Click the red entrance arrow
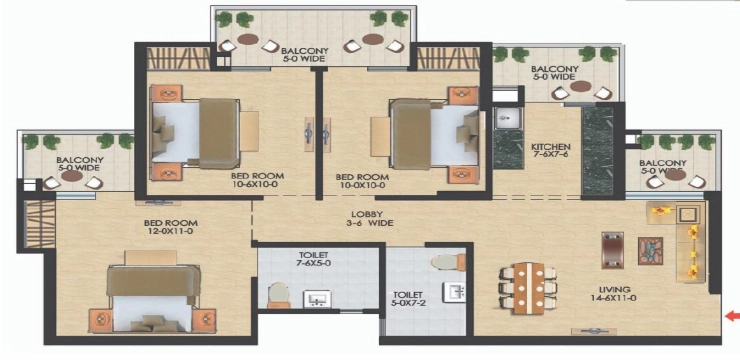coord(732,317)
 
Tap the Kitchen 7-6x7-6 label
coord(551,151)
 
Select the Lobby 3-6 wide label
coord(370,218)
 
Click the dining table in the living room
coord(529,288)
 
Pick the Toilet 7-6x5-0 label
coord(317,260)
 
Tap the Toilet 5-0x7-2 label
coord(409,298)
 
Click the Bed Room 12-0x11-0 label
coord(170,226)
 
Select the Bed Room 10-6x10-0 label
coord(257,181)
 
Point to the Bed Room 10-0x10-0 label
coord(362,181)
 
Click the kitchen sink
coord(508,118)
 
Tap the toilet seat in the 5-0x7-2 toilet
coord(448,262)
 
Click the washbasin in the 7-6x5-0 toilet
coord(317,299)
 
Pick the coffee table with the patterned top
coord(650,251)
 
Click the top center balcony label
coord(304,55)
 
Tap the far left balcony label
coord(80,163)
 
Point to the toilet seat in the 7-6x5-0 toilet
coord(278,295)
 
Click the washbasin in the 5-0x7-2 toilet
coord(455,292)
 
